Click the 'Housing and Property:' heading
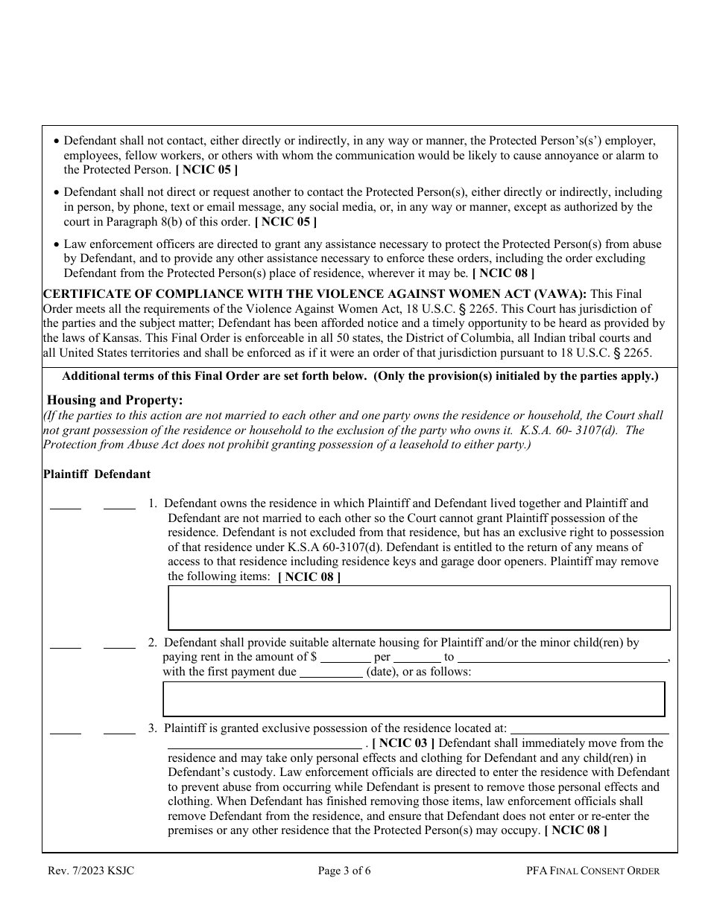(x=115, y=401)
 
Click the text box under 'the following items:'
(x=419, y=608)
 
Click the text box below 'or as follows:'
(x=414, y=699)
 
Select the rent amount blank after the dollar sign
(x=345, y=658)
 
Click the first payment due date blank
(x=331, y=672)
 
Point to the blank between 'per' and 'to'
(x=417, y=658)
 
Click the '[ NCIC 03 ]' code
(x=403, y=743)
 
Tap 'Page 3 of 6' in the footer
(x=354, y=871)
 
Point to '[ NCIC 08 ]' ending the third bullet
(x=503, y=273)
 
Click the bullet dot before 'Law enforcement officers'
(x=57, y=245)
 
